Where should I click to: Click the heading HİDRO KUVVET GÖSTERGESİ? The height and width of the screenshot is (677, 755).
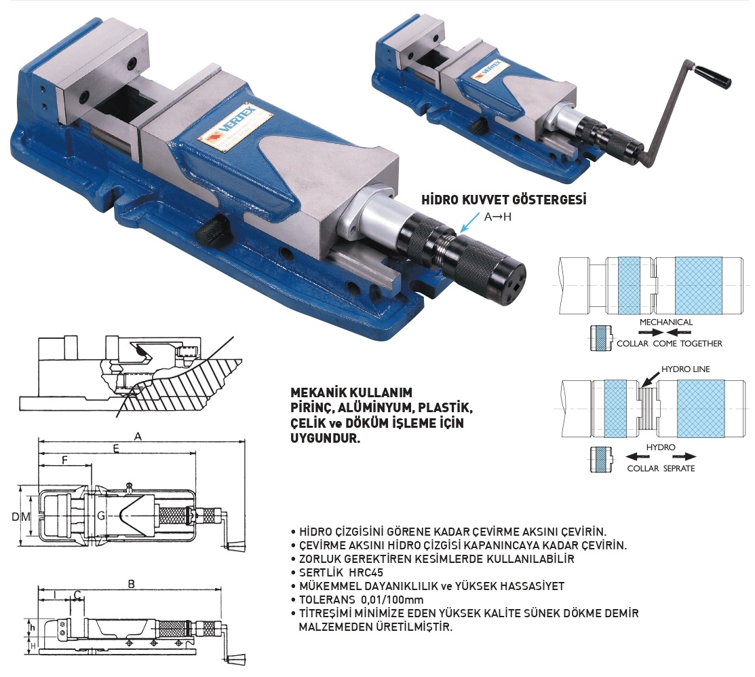[503, 200]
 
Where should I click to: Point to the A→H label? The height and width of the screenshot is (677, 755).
[497, 217]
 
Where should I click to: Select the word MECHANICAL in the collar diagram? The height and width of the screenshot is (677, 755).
[666, 322]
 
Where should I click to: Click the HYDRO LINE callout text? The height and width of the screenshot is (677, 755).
[685, 369]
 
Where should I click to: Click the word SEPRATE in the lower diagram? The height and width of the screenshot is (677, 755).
[679, 468]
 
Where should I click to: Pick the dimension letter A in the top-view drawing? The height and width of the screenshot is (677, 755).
[138, 437]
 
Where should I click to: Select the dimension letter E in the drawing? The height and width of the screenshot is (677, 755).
[116, 449]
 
